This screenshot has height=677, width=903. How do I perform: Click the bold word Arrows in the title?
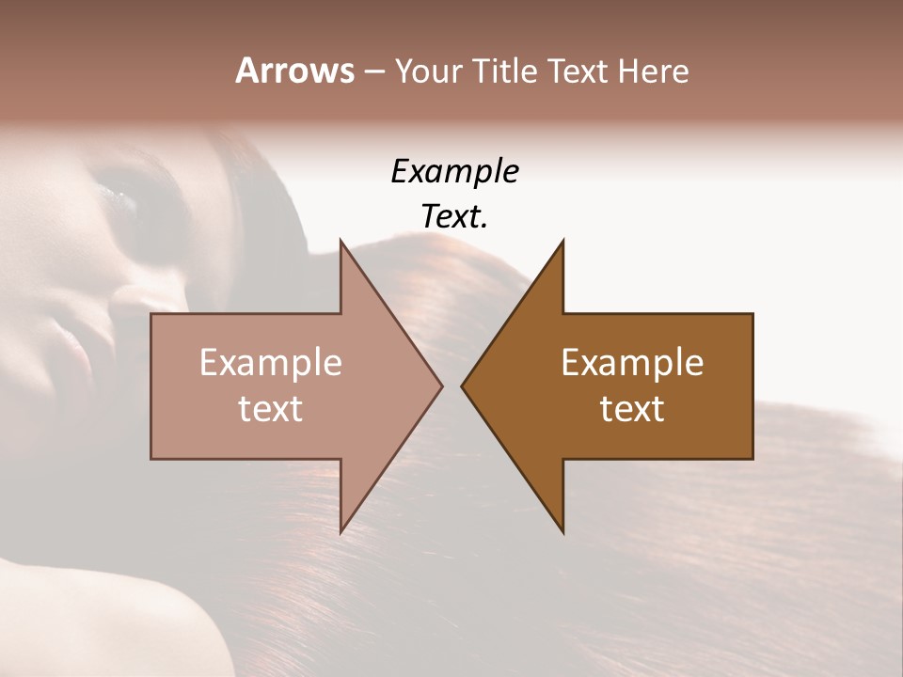[294, 71]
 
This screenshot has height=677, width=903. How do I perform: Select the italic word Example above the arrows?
[454, 171]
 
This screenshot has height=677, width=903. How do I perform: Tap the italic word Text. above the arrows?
[454, 216]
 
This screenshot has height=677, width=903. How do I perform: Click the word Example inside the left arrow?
[271, 363]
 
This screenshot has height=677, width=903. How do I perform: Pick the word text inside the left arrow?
[271, 409]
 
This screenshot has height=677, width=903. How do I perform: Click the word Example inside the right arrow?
[632, 363]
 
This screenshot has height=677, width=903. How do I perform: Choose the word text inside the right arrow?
[632, 409]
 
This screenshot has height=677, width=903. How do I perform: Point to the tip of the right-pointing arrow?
[441, 386]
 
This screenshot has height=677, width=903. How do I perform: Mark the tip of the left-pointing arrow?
[462, 386]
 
